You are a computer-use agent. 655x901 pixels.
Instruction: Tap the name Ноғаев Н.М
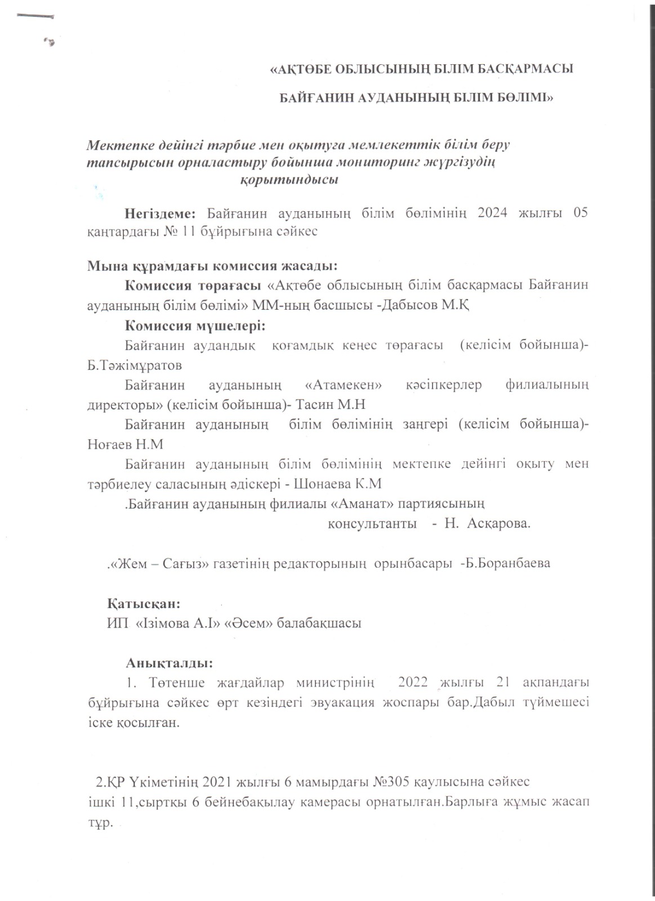click(126, 444)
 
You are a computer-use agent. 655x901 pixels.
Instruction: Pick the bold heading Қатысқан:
click(144, 604)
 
